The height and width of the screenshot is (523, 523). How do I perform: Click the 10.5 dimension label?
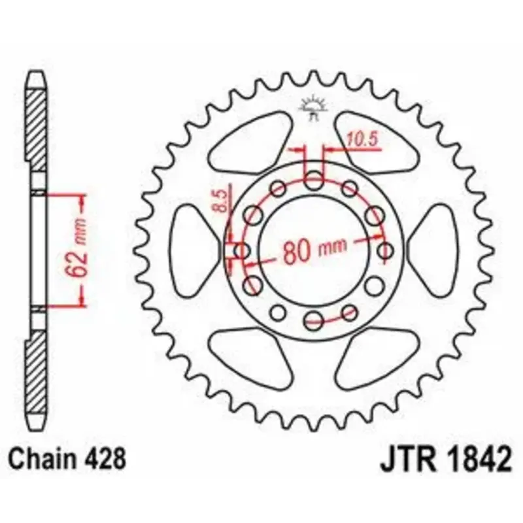362,139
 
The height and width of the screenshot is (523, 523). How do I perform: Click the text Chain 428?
67,459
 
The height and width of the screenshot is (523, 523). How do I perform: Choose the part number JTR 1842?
446,459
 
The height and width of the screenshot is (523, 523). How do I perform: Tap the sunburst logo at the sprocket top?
314,107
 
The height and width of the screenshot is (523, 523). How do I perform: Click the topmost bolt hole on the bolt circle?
314,181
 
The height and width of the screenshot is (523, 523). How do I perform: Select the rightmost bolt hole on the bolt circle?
386,250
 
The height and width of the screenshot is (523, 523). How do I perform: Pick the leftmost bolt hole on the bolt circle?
241,250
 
